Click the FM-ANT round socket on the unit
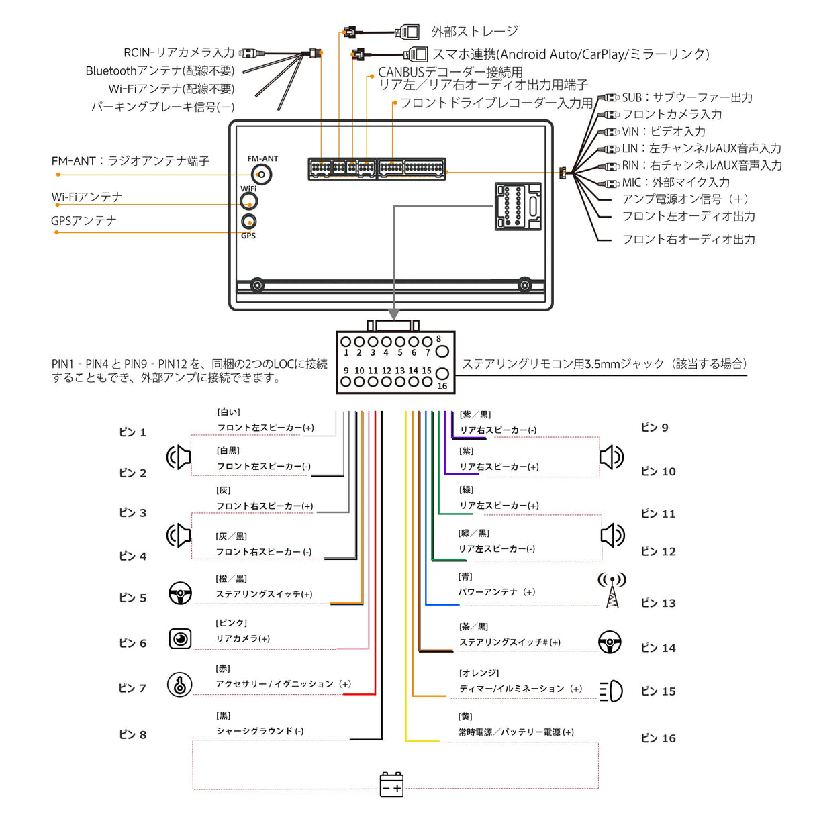[262, 175]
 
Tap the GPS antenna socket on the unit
[249, 222]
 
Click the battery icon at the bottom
[391, 784]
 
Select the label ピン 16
[658, 738]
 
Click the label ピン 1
[132, 432]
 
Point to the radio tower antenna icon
[612, 589]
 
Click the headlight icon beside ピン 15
[611, 691]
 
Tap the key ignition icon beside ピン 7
[179, 685]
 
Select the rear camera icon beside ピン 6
[180, 638]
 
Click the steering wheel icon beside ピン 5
[180, 593]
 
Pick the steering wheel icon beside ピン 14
[610, 642]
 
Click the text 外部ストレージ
[475, 32]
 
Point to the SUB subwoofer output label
[687, 97]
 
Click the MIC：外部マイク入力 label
[675, 182]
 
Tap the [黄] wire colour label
[465, 717]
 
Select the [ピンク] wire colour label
[231, 623]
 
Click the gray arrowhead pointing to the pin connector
[394, 314]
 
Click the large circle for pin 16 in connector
[442, 373]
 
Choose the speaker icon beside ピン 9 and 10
[611, 457]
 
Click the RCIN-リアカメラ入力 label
[179, 52]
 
